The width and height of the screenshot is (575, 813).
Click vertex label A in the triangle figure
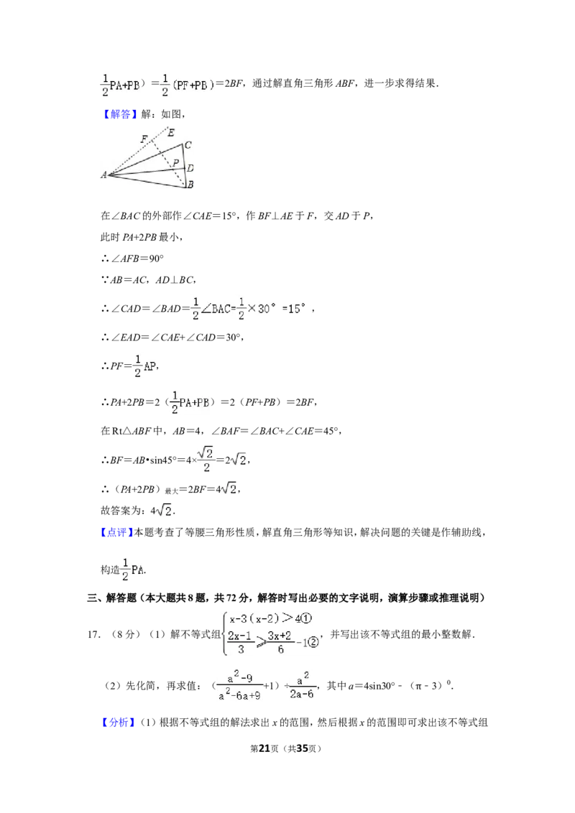tap(103, 175)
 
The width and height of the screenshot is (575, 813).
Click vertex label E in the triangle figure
tap(171, 133)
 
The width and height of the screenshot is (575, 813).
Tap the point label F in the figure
tap(144, 139)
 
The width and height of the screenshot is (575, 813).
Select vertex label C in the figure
tap(188, 145)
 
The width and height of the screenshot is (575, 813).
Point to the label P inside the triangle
tap(176, 163)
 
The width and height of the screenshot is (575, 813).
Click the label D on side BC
tap(190, 168)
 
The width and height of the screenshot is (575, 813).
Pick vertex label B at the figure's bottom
tap(190, 185)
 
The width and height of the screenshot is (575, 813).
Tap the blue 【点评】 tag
tap(117, 532)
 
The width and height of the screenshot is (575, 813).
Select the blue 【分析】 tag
tap(117, 723)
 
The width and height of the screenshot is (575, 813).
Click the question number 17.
tap(93, 634)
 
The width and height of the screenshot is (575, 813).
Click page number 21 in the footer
tap(264, 748)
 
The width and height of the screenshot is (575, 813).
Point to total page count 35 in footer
tap(302, 748)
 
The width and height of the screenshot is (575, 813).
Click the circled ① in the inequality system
tap(307, 618)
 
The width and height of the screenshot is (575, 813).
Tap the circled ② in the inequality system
tap(313, 643)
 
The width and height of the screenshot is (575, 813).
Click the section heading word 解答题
tap(121, 598)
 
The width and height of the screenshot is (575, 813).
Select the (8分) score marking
tap(126, 634)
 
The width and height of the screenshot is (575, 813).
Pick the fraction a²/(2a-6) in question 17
tap(301, 685)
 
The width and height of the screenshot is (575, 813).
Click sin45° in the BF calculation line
tap(163, 460)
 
